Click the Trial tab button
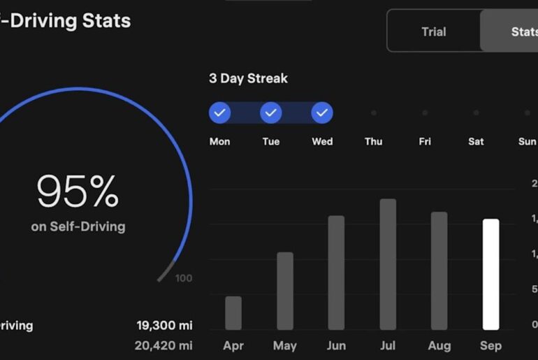tap(434, 31)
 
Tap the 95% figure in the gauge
tap(78, 192)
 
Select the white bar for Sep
tap(491, 274)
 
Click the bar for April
tap(233, 313)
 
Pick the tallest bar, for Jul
tap(388, 264)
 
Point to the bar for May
tap(285, 291)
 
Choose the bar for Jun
tap(336, 273)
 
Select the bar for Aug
tap(439, 271)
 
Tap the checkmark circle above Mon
tap(219, 113)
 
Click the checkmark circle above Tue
tap(270, 113)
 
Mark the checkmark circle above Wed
tap(322, 113)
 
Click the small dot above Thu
tap(374, 113)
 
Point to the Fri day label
tap(425, 141)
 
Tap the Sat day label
tap(476, 141)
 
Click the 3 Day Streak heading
tap(248, 78)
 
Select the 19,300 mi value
tap(164, 325)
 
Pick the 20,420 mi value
tap(164, 345)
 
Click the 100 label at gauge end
tap(184, 278)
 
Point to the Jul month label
tap(388, 345)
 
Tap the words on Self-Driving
tap(78, 227)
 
